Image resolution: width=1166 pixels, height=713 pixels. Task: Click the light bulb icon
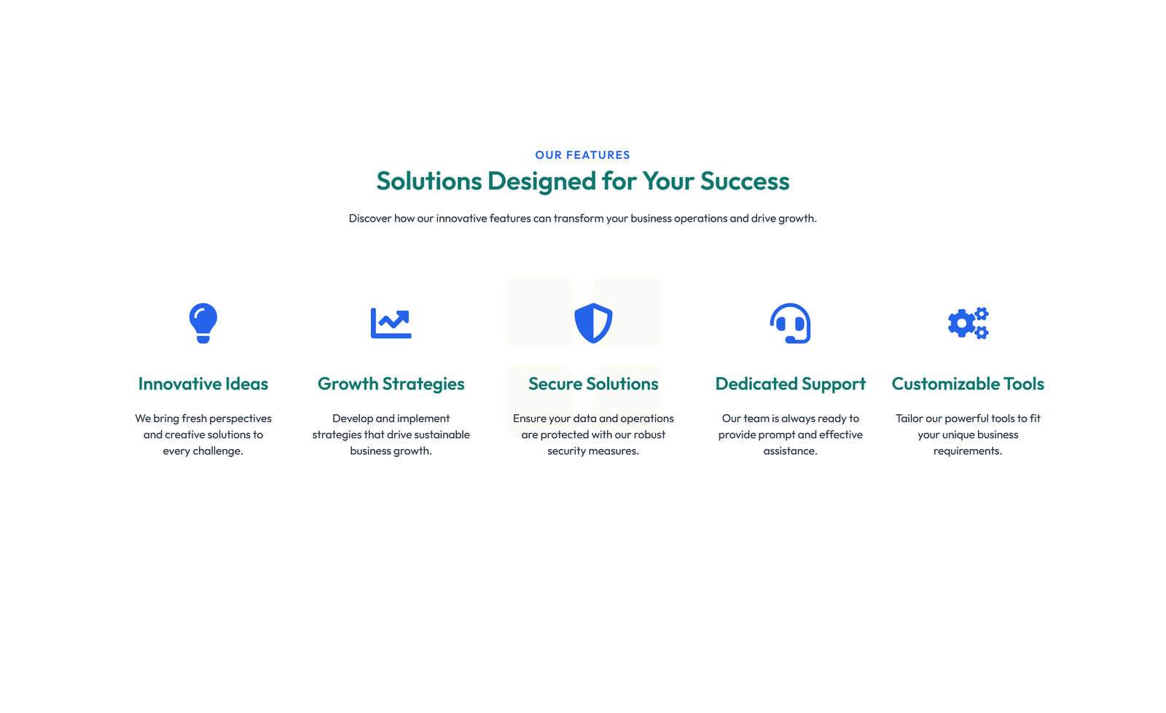point(203,323)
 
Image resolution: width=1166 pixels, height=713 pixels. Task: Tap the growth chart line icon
point(391,323)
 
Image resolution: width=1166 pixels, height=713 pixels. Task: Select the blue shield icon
point(593,323)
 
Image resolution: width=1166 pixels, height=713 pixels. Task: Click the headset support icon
point(790,323)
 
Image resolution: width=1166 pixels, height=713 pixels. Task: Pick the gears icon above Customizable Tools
point(968,323)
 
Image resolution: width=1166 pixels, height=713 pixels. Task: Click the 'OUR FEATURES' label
point(582,155)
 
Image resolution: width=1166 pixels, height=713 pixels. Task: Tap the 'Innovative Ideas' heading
point(203,383)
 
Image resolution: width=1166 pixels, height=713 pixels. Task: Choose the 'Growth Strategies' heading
point(391,383)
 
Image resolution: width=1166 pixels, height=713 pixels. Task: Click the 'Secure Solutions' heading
point(593,383)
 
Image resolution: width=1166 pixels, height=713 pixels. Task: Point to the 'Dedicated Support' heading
point(790,383)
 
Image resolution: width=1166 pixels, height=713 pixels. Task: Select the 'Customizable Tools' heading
point(968,383)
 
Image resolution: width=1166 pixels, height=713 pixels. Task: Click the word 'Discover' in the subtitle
point(370,218)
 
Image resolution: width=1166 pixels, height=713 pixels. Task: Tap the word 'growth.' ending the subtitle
point(797,218)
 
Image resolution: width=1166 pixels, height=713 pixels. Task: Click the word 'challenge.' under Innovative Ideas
point(218,451)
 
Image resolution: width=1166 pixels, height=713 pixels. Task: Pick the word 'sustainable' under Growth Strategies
point(442,435)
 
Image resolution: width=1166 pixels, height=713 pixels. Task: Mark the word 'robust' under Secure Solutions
point(649,435)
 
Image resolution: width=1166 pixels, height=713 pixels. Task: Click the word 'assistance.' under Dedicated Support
point(790,451)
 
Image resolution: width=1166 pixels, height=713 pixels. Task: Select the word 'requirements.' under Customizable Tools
point(968,451)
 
